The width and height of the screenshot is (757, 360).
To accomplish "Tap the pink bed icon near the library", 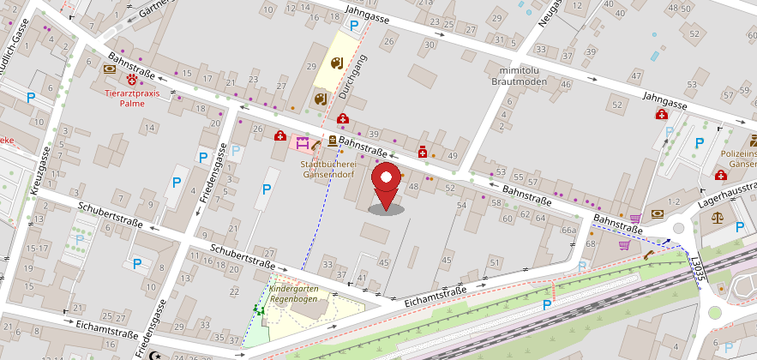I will pos(302,143).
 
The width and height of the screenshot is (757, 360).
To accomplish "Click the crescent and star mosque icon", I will pos(154,355).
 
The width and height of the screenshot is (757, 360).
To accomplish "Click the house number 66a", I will pos(568,231).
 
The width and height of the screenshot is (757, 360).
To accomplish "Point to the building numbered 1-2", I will pos(673,201).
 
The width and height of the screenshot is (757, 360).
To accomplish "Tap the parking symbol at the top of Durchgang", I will pos(353,26).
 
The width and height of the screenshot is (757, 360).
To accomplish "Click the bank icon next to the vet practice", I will pos(109,69).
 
